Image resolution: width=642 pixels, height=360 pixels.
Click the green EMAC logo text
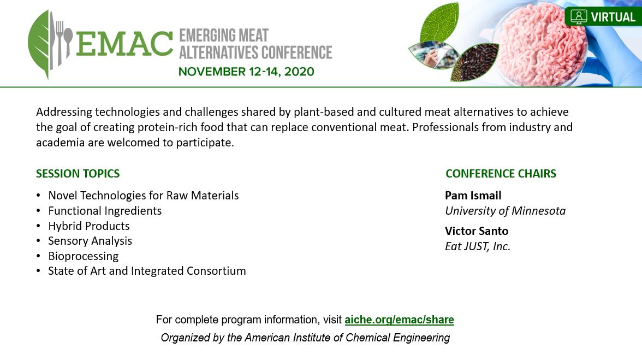[124, 43]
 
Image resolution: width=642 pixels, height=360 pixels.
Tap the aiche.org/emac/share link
[399, 320]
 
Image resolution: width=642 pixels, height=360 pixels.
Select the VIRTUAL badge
[603, 17]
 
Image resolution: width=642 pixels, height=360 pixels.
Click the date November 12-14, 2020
[246, 72]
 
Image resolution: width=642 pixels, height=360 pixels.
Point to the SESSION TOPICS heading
[78, 174]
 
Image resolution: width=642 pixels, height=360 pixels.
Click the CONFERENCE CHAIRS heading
[501, 174]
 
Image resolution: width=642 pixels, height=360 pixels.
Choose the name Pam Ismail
[473, 196]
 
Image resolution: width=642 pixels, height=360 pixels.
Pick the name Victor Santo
[477, 231]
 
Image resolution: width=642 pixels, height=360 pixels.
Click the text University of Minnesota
[506, 211]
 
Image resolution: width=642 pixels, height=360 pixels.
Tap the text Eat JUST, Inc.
[478, 246]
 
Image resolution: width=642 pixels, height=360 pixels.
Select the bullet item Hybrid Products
[89, 226]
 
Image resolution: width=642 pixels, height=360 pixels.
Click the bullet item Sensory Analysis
[90, 241]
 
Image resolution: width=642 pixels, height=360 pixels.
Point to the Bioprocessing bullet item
[84, 256]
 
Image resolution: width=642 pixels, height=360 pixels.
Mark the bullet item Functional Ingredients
[105, 211]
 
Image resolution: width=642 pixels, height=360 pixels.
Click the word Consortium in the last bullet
[216, 271]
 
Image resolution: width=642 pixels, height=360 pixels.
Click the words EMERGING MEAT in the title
[224, 36]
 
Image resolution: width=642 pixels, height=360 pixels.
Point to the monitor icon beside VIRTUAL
[579, 17]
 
